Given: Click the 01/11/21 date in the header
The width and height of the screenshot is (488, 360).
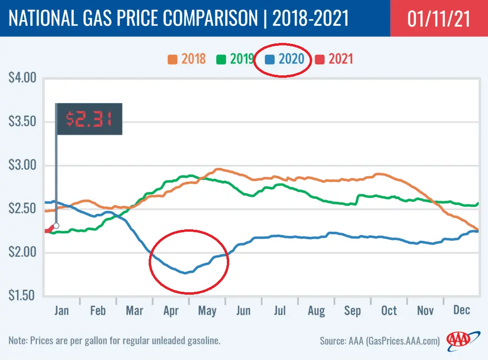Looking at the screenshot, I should (439, 19).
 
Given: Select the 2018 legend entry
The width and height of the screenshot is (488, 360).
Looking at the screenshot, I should (187, 59).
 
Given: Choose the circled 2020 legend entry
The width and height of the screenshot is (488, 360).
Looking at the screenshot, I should (285, 59).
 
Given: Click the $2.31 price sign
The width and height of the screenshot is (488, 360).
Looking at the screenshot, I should (89, 119).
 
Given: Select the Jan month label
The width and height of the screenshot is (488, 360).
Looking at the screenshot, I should (61, 311).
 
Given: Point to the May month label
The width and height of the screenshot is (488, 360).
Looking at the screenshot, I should (207, 311).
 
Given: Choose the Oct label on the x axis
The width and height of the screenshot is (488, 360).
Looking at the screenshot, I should (389, 311).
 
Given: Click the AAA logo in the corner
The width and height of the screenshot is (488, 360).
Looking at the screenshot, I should (458, 340).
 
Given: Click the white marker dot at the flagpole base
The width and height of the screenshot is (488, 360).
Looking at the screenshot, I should (56, 226).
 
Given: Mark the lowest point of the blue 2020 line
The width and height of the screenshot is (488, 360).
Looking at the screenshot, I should (185, 273).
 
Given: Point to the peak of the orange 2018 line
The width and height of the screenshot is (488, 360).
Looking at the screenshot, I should (218, 169).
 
